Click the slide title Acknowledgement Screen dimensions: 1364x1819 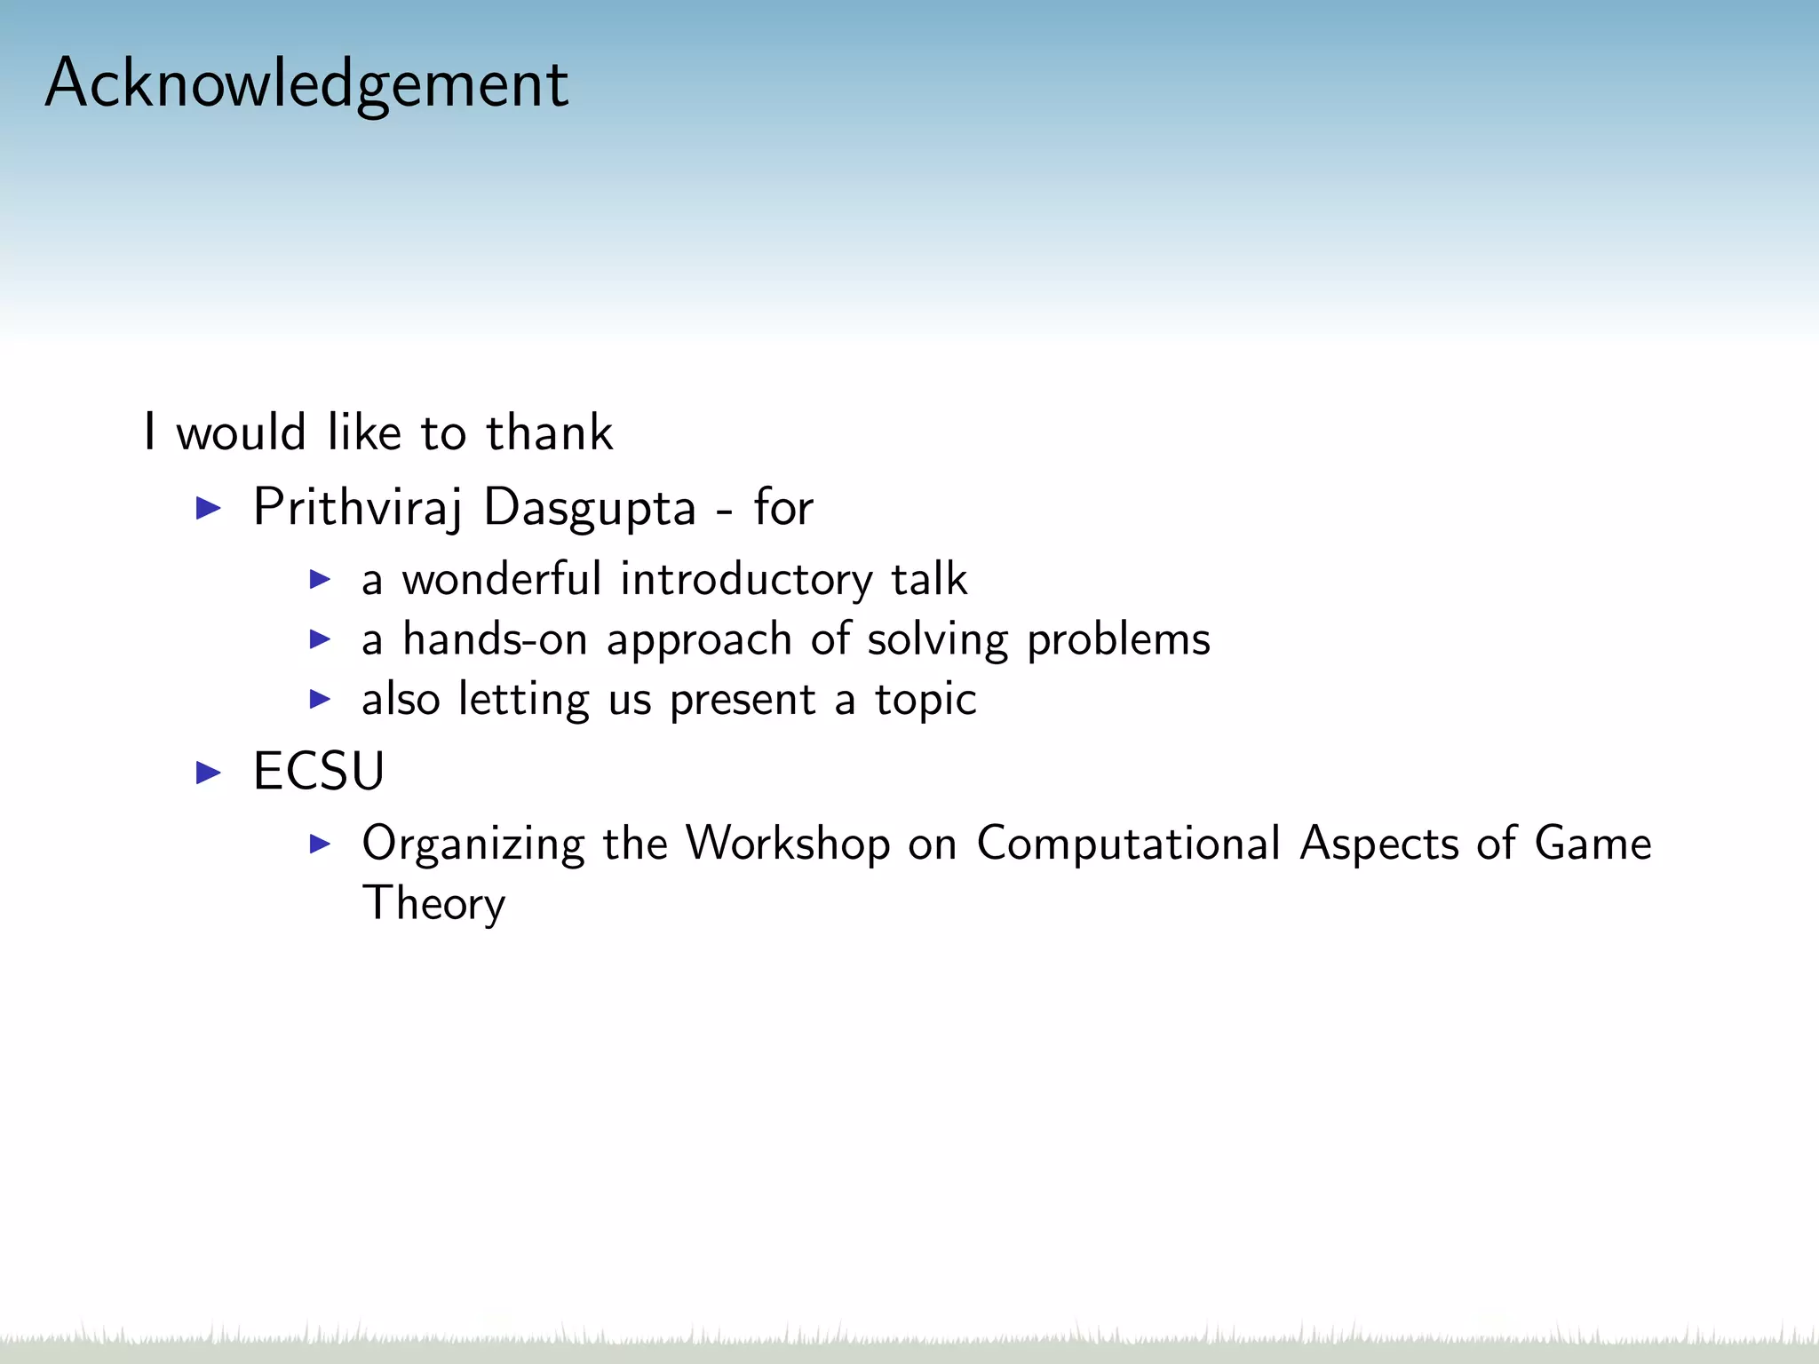[x=306, y=83]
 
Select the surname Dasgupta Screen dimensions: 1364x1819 [x=590, y=508]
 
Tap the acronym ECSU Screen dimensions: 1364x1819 [x=319, y=771]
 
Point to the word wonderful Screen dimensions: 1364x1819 [x=502, y=579]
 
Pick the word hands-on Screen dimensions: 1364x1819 [x=495, y=639]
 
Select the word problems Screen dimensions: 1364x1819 [x=1118, y=639]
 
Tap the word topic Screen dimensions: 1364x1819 [x=925, y=700]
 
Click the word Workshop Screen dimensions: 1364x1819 [x=788, y=843]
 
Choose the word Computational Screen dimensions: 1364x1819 [x=1128, y=843]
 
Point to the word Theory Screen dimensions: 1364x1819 [x=434, y=903]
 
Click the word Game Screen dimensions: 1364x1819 [x=1593, y=843]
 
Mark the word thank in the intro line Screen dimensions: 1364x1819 [x=549, y=433]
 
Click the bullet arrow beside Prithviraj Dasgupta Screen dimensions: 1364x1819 [x=208, y=509]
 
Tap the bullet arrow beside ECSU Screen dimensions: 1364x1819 [x=208, y=772]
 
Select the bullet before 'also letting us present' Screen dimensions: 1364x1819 [x=320, y=700]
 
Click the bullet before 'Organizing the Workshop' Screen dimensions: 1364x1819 [x=320, y=844]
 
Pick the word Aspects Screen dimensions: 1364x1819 [x=1378, y=843]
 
